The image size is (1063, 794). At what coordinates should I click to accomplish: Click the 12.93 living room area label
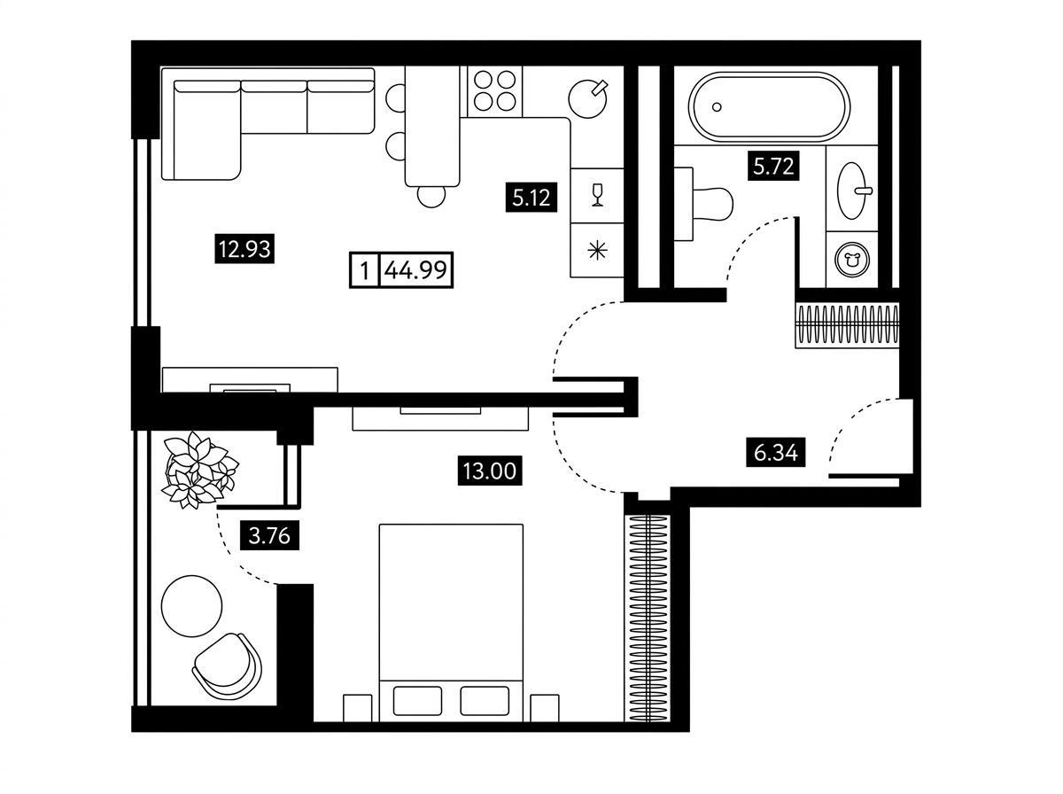click(244, 249)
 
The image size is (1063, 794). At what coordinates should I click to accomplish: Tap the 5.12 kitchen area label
click(531, 197)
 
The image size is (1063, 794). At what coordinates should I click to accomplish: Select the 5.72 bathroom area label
click(773, 166)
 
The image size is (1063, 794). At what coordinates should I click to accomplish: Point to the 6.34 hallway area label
click(775, 452)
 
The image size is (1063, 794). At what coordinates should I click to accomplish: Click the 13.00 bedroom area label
click(490, 471)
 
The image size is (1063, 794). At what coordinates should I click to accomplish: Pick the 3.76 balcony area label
click(269, 535)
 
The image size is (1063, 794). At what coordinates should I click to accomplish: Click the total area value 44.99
click(415, 270)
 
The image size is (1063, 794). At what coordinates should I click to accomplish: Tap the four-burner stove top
click(494, 91)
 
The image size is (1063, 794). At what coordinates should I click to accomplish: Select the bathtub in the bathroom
click(769, 107)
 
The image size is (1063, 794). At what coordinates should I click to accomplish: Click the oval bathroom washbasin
click(852, 191)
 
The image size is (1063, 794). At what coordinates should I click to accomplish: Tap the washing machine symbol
click(852, 261)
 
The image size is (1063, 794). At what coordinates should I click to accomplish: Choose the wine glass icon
click(598, 195)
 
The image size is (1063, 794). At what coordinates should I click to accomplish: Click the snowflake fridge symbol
click(598, 251)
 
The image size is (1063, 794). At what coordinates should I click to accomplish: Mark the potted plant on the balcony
click(199, 470)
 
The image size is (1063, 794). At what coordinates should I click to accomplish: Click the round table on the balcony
click(191, 606)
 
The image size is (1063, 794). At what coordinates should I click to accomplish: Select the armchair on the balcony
click(227, 666)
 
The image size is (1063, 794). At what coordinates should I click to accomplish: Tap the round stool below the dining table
click(431, 195)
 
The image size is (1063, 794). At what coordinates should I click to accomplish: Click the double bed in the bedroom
click(451, 622)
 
